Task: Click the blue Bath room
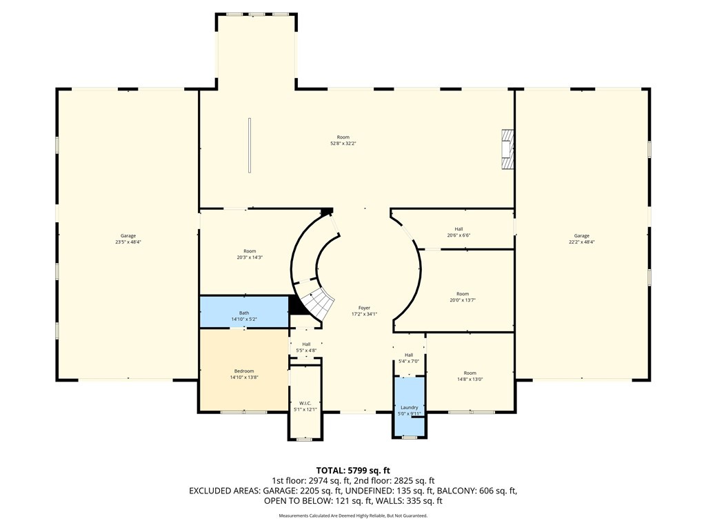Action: point(244,313)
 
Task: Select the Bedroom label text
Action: point(244,371)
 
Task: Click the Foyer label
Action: point(364,308)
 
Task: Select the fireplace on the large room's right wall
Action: point(508,149)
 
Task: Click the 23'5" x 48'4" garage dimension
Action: point(128,242)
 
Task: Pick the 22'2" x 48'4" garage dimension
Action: point(582,242)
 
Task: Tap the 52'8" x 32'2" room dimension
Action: point(343,144)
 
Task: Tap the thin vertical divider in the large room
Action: point(250,145)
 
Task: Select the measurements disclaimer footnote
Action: point(353,516)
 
